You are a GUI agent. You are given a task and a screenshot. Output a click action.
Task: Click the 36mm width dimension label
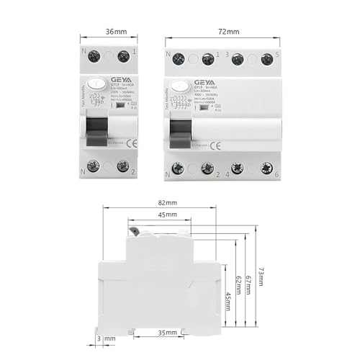pyautogui.click(x=107, y=32)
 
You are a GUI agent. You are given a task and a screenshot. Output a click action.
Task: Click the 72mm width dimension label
pyautogui.click(x=220, y=32)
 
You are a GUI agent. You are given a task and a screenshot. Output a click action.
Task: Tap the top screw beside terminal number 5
pyautogui.click(x=267, y=59)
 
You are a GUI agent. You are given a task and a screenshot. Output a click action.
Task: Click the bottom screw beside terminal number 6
pyautogui.click(x=267, y=168)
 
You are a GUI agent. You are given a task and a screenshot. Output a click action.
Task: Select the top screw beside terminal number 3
pyautogui.click(x=238, y=59)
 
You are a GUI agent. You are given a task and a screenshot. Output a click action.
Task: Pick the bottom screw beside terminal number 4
pyautogui.click(x=237, y=168)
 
